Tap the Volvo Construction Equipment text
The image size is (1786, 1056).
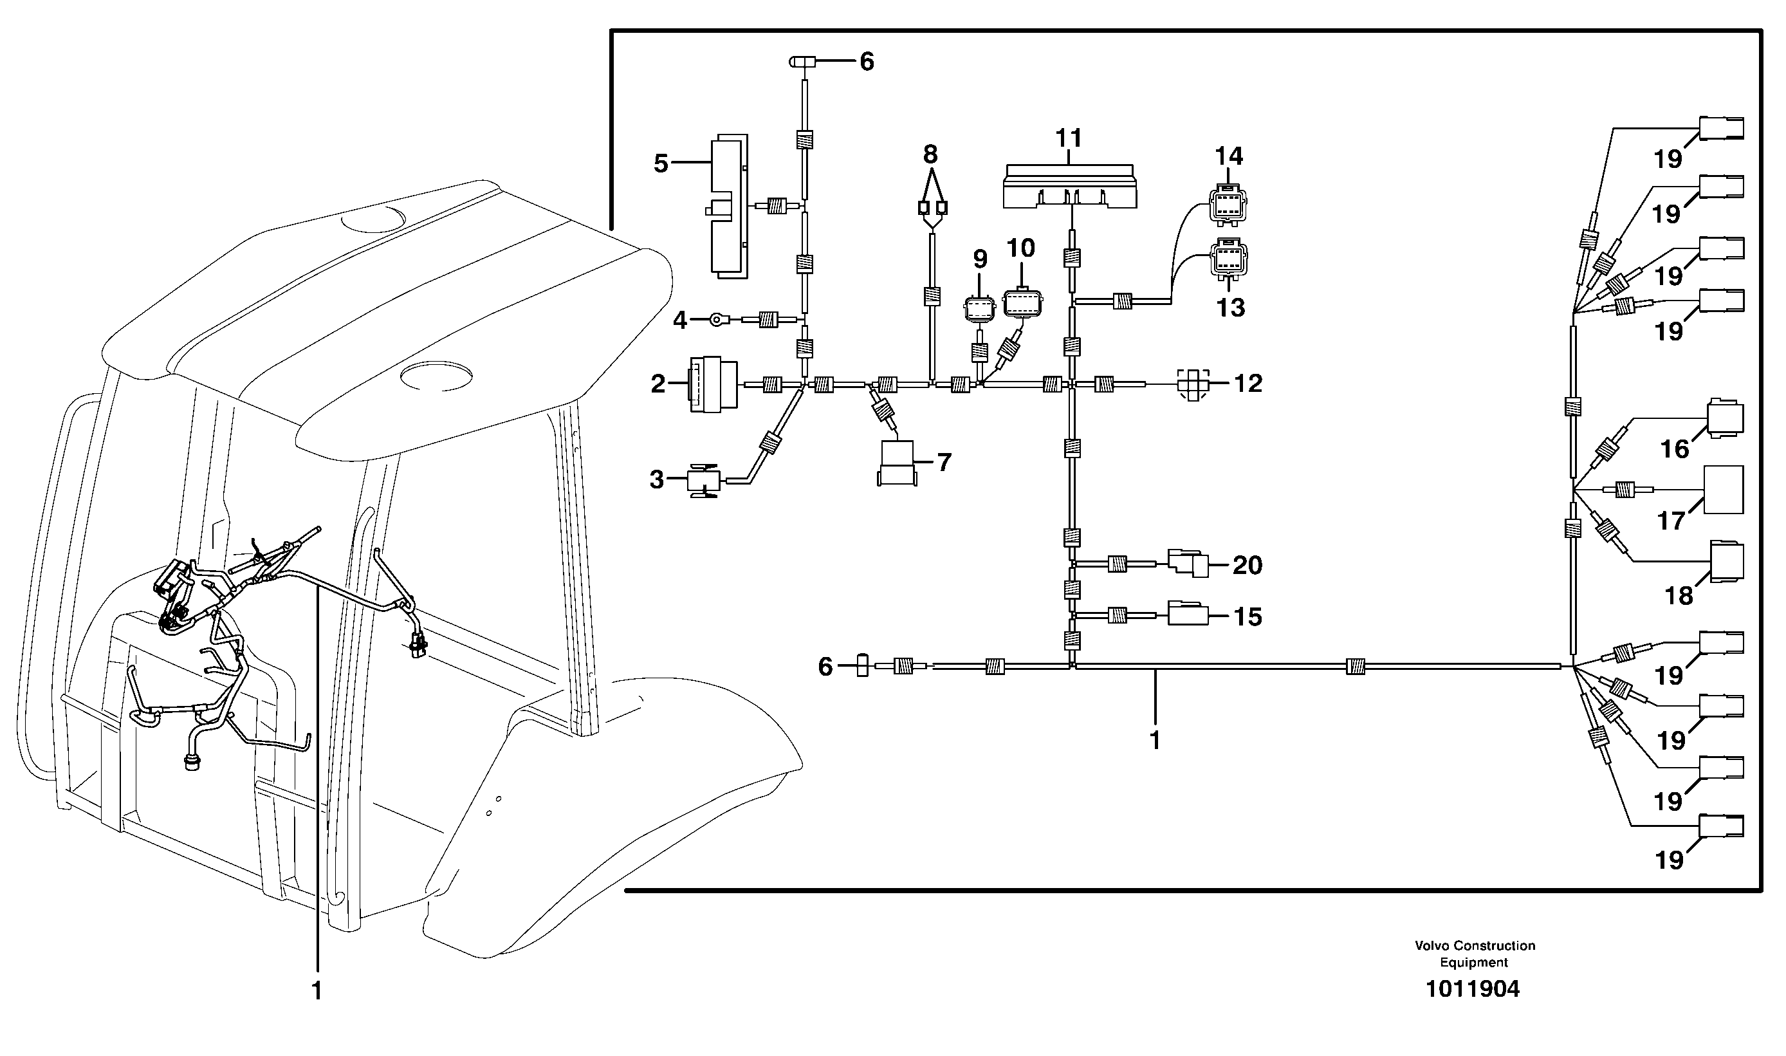point(1475,954)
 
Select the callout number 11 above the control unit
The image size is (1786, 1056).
point(1069,138)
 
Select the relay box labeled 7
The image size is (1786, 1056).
point(897,463)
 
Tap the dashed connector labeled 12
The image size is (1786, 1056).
point(1193,384)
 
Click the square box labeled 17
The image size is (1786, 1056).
point(1724,490)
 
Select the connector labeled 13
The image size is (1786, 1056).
point(1229,259)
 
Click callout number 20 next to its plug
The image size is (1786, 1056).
point(1247,566)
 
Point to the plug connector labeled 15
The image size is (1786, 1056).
point(1188,614)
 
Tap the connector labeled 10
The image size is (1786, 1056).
point(1023,304)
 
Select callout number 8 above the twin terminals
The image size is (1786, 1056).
point(930,154)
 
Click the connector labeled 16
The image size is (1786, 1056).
point(1724,418)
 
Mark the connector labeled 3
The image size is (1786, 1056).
point(703,482)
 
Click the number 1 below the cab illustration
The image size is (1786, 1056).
point(317,991)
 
